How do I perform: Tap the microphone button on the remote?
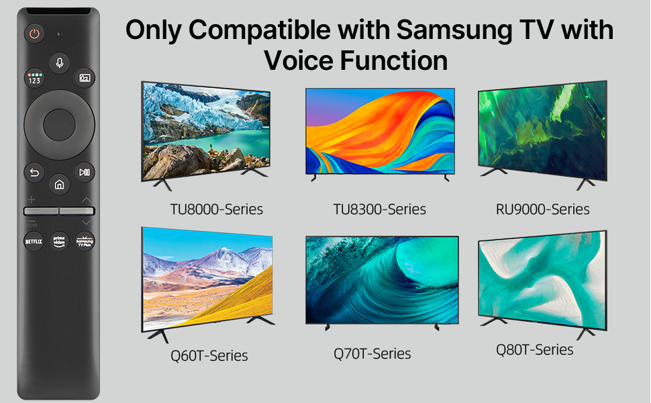click(x=59, y=62)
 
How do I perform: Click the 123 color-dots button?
click(x=34, y=78)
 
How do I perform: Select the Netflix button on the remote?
click(x=34, y=241)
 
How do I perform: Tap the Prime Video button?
click(x=59, y=241)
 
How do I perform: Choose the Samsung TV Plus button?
click(x=85, y=241)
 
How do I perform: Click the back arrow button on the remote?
click(x=34, y=172)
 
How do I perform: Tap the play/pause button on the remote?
click(x=85, y=172)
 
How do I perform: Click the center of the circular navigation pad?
click(x=59, y=125)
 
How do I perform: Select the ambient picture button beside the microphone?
click(x=85, y=78)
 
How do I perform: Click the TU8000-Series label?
click(x=216, y=209)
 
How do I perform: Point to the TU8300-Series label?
click(x=379, y=209)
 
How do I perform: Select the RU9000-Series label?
click(x=543, y=209)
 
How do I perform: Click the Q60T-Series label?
click(x=209, y=355)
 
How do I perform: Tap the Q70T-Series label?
click(x=372, y=353)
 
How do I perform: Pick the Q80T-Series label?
click(x=535, y=349)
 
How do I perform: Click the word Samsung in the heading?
click(x=454, y=30)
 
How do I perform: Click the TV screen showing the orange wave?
click(x=381, y=131)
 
